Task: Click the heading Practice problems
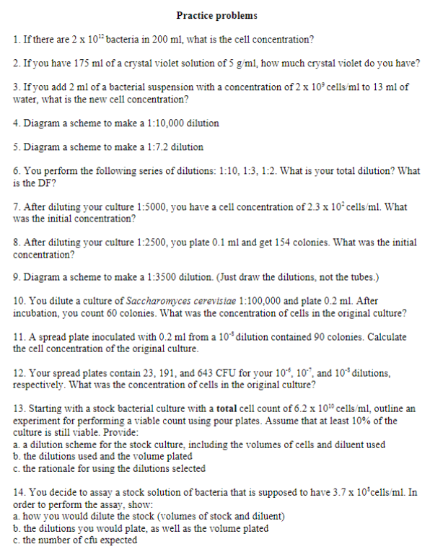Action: pos(216,16)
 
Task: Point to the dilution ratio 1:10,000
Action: pos(170,123)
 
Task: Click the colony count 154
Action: pos(268,242)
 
